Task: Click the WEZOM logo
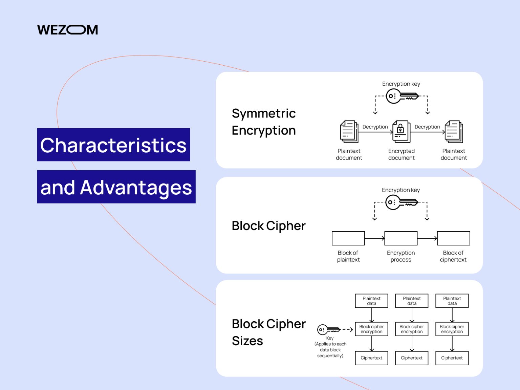pyautogui.click(x=67, y=30)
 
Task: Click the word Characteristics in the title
pyautogui.click(x=113, y=145)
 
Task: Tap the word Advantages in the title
pyautogui.click(x=136, y=187)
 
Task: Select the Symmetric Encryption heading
pyautogui.click(x=264, y=122)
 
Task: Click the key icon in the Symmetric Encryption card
pyautogui.click(x=402, y=96)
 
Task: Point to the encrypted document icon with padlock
pyautogui.click(x=401, y=131)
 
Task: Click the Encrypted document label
pyautogui.click(x=401, y=154)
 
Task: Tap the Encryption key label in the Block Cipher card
pyautogui.click(x=401, y=190)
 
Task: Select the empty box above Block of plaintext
pyautogui.click(x=348, y=238)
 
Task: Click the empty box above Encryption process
pyautogui.click(x=401, y=238)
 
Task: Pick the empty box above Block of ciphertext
pyautogui.click(x=453, y=238)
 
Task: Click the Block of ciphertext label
pyautogui.click(x=453, y=256)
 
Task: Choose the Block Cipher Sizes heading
pyautogui.click(x=268, y=332)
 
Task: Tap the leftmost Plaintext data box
pyautogui.click(x=371, y=301)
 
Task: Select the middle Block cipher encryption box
pyautogui.click(x=412, y=329)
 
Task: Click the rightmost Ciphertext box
pyautogui.click(x=452, y=358)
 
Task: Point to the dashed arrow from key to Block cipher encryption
pyautogui.click(x=347, y=329)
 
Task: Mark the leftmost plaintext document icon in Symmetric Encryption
pyautogui.click(x=349, y=131)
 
